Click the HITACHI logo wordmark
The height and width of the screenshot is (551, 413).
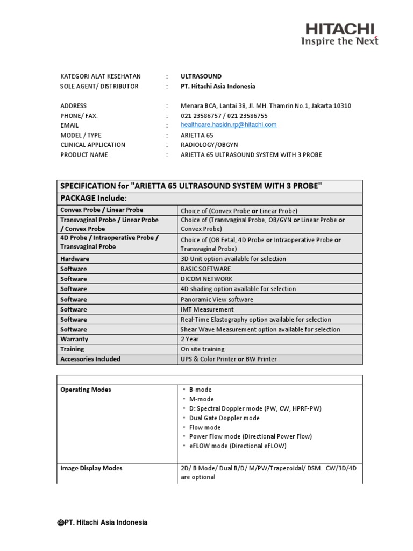tap(340, 29)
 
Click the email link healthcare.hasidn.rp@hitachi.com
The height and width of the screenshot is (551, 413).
tap(229, 125)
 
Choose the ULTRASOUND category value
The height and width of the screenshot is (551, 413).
tap(201, 76)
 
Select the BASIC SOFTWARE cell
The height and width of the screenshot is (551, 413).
tap(206, 269)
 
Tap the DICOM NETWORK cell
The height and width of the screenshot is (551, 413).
tap(206, 279)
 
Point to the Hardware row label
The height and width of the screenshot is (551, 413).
tap(75, 259)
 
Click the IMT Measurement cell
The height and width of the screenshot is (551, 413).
tap(207, 309)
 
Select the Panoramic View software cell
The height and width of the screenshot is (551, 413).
tap(217, 299)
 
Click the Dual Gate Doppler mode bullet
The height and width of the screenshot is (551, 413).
tap(224, 418)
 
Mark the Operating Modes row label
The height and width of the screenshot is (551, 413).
tap(86, 390)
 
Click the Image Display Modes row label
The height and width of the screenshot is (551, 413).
tap(91, 468)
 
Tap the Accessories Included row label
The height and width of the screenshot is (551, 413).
tap(90, 359)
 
